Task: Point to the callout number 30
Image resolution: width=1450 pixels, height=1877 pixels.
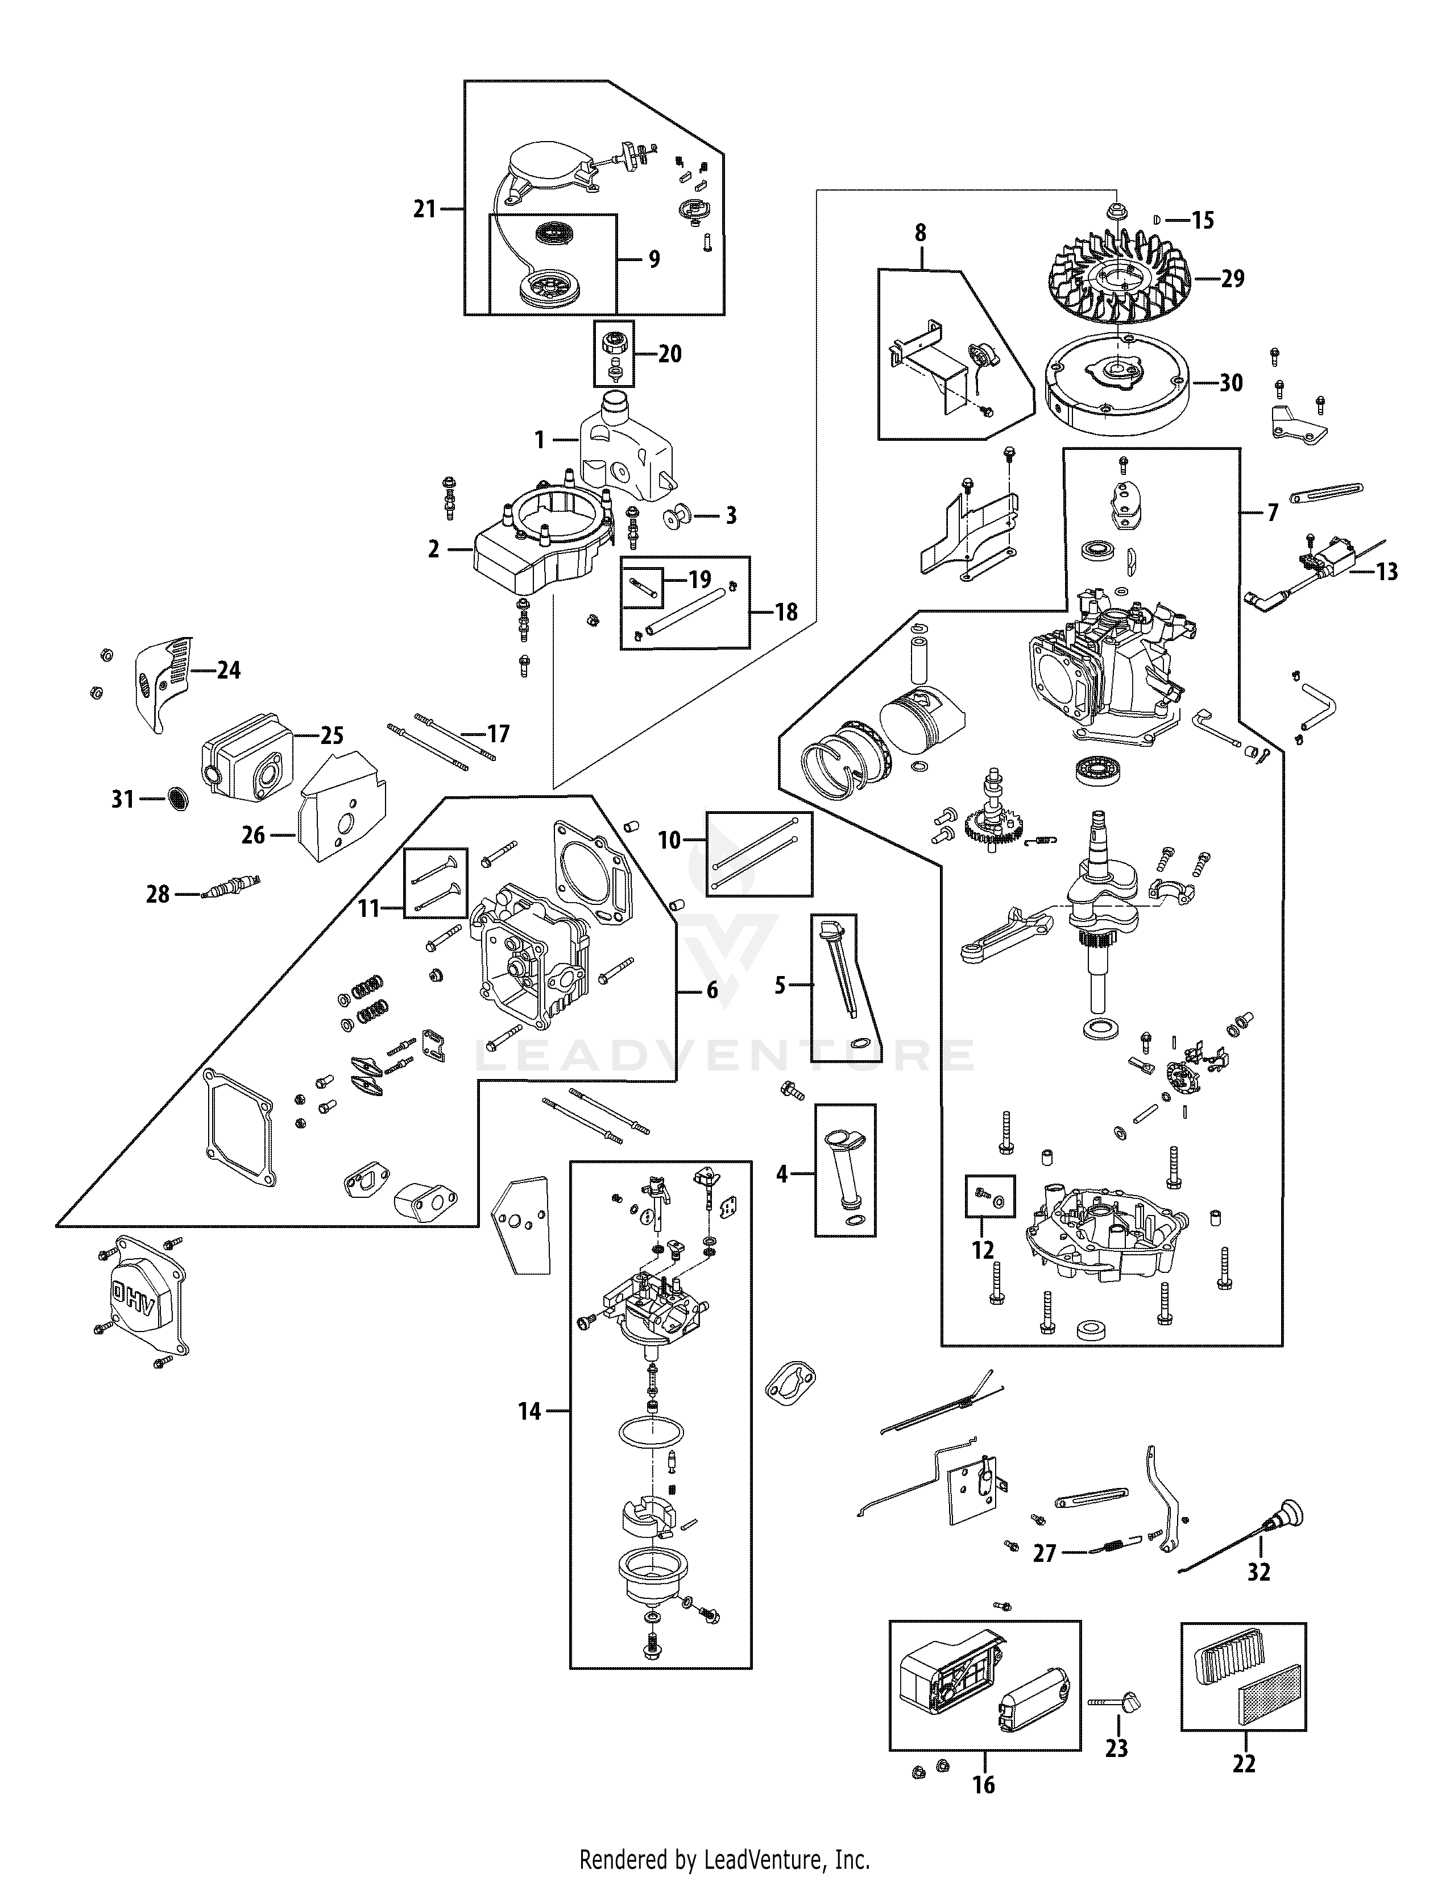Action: (x=1231, y=383)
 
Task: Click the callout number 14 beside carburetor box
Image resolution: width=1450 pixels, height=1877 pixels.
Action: (x=530, y=1411)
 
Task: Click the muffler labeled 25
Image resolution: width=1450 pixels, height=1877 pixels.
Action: (x=245, y=756)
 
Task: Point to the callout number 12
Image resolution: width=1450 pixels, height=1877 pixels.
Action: (x=983, y=1248)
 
